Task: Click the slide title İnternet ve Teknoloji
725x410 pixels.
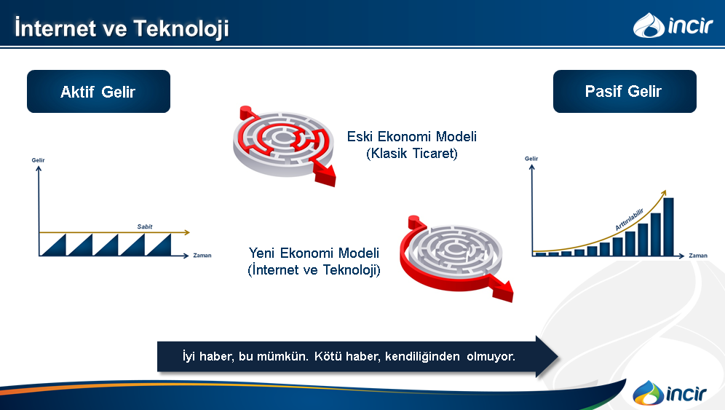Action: [x=122, y=28]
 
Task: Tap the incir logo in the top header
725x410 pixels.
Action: [x=673, y=25]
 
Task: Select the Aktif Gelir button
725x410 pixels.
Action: [x=98, y=92]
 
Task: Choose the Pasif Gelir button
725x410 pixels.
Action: [x=625, y=91]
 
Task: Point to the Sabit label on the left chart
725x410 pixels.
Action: [x=145, y=226]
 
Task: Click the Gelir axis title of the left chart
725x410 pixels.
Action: [x=38, y=160]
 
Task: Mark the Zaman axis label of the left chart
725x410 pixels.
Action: [x=202, y=255]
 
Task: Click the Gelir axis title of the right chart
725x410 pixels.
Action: [x=531, y=158]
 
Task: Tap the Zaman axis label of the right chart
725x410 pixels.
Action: [x=698, y=256]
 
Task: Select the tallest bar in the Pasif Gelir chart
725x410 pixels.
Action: [x=669, y=226]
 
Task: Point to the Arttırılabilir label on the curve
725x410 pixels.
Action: [x=630, y=219]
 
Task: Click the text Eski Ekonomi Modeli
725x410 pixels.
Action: [x=411, y=136]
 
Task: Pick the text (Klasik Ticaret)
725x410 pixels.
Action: [x=411, y=153]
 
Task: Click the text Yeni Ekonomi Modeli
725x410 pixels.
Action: [x=314, y=253]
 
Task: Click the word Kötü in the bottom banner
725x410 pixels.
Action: [x=325, y=356]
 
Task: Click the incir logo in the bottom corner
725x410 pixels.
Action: [x=670, y=393]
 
